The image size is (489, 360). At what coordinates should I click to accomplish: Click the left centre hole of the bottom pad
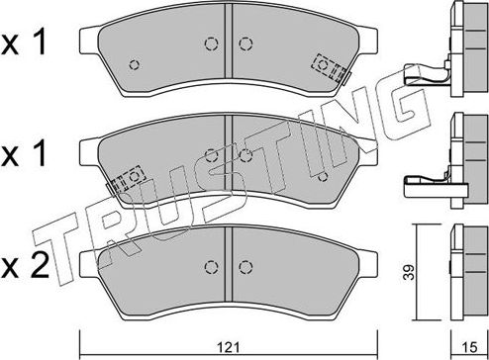[x=210, y=267]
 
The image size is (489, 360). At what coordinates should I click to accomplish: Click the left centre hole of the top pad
[x=210, y=44]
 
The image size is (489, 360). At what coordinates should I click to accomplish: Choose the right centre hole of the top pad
[x=244, y=44]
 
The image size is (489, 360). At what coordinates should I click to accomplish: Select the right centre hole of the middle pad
[x=244, y=155]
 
